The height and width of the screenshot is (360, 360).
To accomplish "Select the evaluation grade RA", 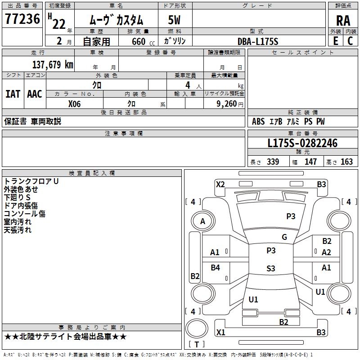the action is point(343,21).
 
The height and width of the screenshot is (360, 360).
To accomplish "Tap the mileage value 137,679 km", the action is point(52,65).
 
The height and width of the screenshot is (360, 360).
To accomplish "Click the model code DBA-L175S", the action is point(258,41).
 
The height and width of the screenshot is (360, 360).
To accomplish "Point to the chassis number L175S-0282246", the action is point(302,144).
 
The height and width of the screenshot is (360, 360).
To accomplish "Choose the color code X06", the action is point(74,103).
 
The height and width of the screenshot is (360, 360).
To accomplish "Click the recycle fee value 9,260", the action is point(225,103).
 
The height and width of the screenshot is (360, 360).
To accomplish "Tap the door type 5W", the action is point(175,21).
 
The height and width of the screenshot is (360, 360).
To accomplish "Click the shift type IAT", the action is point(13,94).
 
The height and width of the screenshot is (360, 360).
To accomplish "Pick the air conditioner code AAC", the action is point(35,94).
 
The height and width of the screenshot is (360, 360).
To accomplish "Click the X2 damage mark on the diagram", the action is point(220,184).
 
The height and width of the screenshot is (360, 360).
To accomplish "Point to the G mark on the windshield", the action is point(284,237).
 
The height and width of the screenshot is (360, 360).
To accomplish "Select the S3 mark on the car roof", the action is point(270,269).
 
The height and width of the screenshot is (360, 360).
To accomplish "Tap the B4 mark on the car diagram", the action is point(216,268).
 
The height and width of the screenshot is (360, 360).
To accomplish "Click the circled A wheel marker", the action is point(202,221).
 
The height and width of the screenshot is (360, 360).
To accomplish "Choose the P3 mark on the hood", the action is point(291,216).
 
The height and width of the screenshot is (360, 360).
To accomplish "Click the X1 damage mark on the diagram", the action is point(220,333).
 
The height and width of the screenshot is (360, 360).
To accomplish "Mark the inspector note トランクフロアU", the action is point(31,181).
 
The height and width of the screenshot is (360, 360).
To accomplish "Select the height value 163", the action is point(346,162).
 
